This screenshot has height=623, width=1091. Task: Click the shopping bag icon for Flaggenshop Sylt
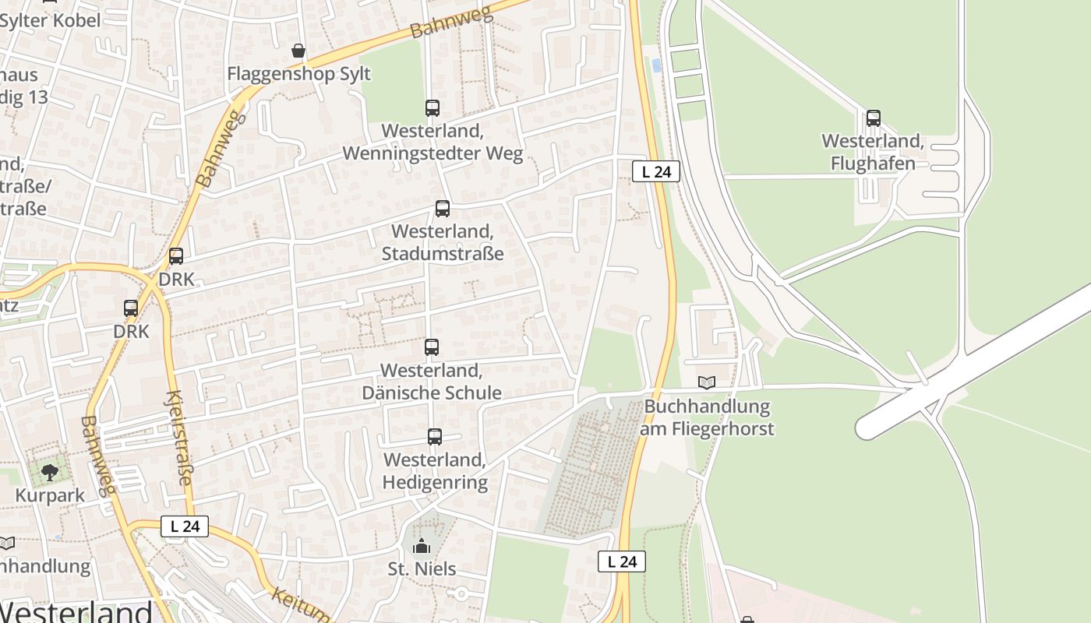tap(298, 51)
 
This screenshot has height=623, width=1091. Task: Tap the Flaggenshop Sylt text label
tap(298, 74)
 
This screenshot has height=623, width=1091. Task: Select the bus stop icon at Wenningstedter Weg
tap(433, 108)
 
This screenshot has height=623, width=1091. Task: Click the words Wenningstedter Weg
tap(433, 153)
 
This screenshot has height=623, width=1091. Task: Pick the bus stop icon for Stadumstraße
tap(443, 209)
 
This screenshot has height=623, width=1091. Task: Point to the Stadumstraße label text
tap(443, 254)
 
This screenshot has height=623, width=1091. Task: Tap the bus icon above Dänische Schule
tap(432, 347)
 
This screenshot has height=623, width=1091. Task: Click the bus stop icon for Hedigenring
tap(435, 438)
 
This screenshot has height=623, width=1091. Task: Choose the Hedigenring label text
tap(435, 482)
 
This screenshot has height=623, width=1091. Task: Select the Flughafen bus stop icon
tap(874, 118)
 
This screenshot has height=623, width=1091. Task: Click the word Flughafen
tap(873, 164)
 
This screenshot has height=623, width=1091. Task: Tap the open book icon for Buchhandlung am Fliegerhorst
tap(707, 383)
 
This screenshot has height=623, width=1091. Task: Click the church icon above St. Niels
tap(422, 546)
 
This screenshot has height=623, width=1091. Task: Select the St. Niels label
tap(422, 568)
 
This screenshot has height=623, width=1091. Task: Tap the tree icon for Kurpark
tap(50, 473)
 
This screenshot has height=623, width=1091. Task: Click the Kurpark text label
tap(50, 496)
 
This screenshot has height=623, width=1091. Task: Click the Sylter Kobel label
tap(50, 20)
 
